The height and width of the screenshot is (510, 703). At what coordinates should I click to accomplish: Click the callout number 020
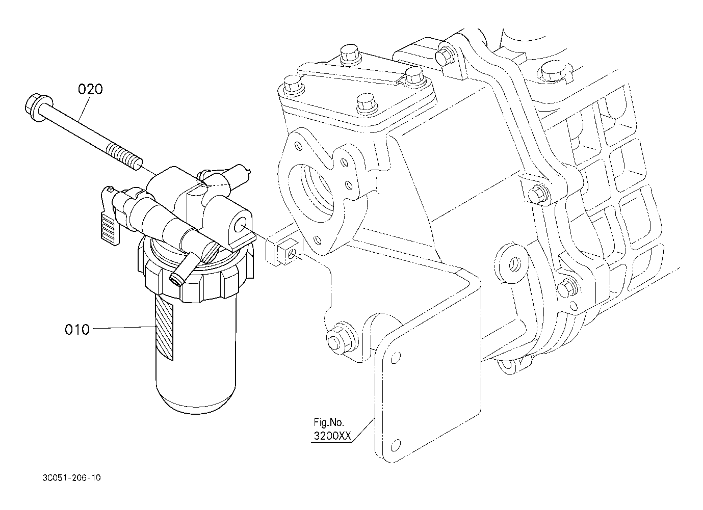[90, 90]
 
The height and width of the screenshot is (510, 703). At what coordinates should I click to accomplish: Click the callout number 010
[77, 330]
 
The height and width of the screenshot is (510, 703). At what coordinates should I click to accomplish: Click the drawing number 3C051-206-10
[72, 478]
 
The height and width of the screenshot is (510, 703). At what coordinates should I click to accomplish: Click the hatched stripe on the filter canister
[165, 328]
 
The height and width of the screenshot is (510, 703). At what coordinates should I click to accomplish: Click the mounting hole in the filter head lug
[241, 225]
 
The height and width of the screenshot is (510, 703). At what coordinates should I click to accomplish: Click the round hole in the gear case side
[514, 263]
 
